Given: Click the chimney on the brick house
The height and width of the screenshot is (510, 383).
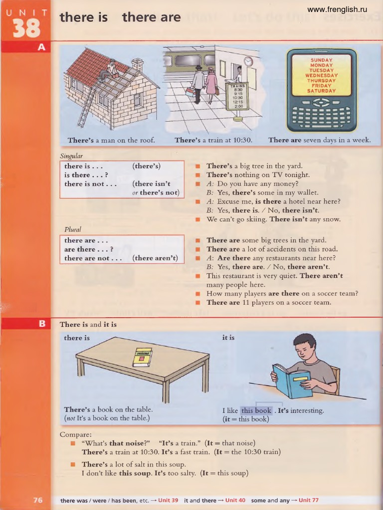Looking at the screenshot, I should coord(137,64).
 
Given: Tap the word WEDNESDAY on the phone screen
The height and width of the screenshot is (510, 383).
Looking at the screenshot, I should coord(322,75).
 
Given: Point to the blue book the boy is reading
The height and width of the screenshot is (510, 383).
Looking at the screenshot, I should coord(292,381).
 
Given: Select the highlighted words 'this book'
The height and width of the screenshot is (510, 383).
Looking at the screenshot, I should coord(256,411).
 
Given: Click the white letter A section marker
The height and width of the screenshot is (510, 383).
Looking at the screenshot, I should coord(41,47).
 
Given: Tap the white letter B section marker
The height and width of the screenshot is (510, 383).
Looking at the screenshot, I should coord(42,324).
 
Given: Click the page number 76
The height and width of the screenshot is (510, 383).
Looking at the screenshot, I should coord(38,500).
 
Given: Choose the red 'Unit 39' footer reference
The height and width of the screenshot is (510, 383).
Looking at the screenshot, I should coord(168,500).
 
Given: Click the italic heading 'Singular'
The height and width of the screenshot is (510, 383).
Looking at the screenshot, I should coord(71,156).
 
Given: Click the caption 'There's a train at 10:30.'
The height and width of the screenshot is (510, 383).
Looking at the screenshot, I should coord(213,140).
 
